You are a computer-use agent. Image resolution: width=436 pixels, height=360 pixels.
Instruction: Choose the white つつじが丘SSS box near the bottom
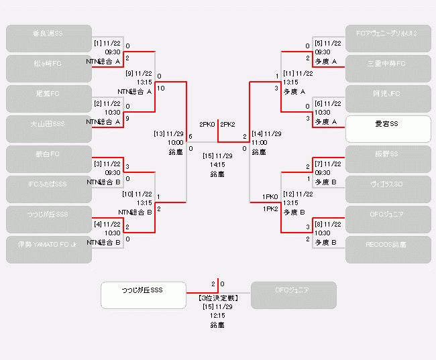pos(143,295)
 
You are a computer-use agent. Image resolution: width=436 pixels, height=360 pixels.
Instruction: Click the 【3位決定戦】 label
pos(217,298)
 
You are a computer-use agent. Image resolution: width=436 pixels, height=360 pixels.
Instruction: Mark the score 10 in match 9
pos(161,88)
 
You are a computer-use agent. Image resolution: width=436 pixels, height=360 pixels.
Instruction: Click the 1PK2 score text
pos(270,208)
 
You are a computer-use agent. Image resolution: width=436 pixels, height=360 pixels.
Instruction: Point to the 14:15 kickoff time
pos(217,164)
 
